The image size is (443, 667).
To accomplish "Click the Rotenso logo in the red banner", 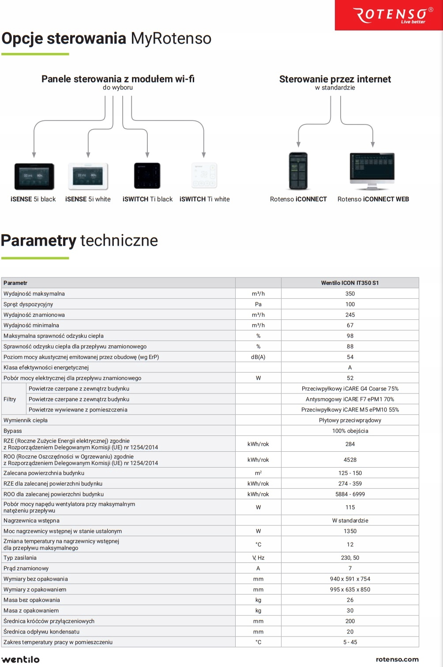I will (393, 15).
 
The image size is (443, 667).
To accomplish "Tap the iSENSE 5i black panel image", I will (34, 176).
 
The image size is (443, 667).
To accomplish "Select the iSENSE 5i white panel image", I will (88, 176).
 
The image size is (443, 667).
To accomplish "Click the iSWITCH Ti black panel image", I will (147, 176).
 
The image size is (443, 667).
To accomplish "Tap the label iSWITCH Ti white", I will (205, 199).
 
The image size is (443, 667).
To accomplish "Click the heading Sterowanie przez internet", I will (335, 79).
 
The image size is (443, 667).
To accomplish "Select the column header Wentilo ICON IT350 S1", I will (350, 283).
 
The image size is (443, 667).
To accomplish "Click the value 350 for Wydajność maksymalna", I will (350, 294).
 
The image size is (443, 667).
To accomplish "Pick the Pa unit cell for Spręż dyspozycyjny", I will (258, 304).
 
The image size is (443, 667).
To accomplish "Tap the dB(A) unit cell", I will (258, 357).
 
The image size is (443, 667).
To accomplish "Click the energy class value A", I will (350, 368).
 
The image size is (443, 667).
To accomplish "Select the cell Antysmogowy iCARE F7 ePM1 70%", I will (350, 400).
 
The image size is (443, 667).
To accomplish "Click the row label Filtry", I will (10, 400).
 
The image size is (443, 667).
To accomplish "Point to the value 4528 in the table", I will (350, 460).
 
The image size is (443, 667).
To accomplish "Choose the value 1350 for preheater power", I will (350, 532).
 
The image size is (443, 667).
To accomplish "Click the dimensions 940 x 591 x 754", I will (350, 579).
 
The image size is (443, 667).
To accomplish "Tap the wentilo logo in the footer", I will (21, 660).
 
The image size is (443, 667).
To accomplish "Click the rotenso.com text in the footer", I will (397, 660).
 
